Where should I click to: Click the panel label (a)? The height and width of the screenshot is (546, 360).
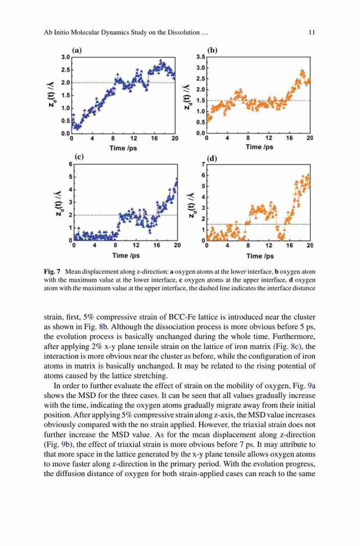(x=76, y=50)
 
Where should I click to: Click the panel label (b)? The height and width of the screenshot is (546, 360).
(x=213, y=50)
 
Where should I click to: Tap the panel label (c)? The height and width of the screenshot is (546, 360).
(x=79, y=157)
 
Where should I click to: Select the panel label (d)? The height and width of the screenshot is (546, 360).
(x=212, y=159)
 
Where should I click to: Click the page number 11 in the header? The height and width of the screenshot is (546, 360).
(x=312, y=32)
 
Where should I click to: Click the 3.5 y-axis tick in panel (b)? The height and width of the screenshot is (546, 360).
(x=200, y=57)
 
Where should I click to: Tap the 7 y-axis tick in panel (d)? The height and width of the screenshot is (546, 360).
(x=203, y=164)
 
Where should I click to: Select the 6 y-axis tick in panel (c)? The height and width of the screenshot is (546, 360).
(x=70, y=164)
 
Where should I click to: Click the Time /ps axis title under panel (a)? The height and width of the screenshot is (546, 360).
(x=123, y=148)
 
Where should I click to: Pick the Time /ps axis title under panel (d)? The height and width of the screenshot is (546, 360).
(x=259, y=256)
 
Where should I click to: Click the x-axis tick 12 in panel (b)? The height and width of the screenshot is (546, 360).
(x=269, y=138)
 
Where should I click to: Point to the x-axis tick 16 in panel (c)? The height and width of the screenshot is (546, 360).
(x=157, y=245)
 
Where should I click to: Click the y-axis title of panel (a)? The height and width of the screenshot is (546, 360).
(x=51, y=94)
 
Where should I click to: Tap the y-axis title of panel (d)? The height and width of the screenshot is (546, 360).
(x=191, y=205)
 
